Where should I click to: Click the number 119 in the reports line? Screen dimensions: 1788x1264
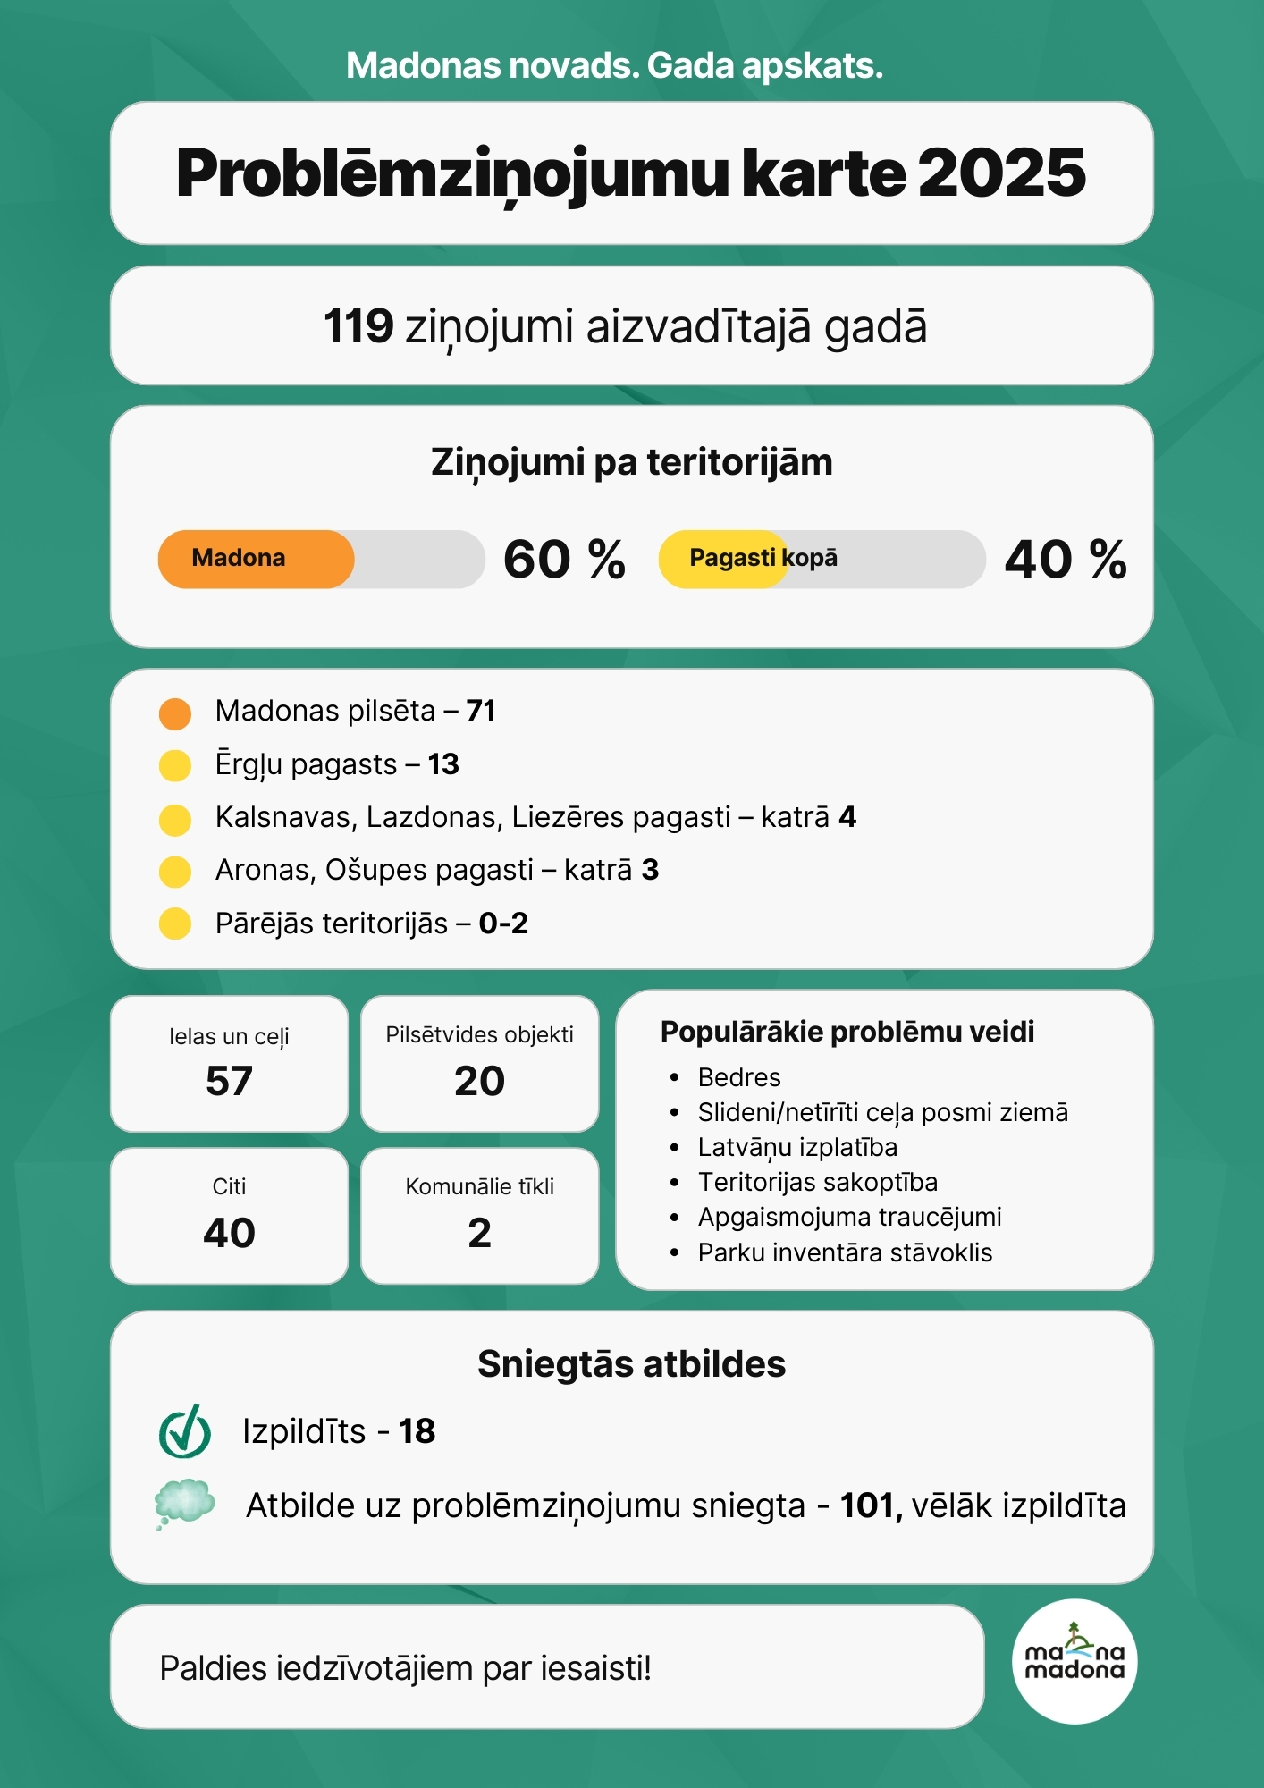358,326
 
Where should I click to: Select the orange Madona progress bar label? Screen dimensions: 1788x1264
239,559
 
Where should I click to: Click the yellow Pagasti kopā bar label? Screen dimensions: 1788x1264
763,559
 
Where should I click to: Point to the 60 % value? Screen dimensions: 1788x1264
564,560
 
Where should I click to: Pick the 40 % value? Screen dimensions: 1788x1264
1066,560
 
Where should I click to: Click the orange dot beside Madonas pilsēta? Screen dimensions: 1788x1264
175,713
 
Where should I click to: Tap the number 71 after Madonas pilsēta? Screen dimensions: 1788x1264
481,711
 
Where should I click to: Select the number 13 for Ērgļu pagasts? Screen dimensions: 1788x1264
443,764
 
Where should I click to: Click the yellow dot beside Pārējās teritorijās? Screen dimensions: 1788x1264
175,924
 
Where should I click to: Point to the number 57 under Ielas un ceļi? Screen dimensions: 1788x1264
230,1081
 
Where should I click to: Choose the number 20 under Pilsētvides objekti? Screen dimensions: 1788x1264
480,1081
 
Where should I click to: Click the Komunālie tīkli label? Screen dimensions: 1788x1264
480,1186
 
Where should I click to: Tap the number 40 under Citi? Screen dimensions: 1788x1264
230,1233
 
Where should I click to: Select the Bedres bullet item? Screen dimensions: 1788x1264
739,1077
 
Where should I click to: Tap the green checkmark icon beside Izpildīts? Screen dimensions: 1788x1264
185,1431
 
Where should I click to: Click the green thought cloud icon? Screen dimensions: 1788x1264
184,1503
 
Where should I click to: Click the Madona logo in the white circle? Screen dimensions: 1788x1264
1074,1661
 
